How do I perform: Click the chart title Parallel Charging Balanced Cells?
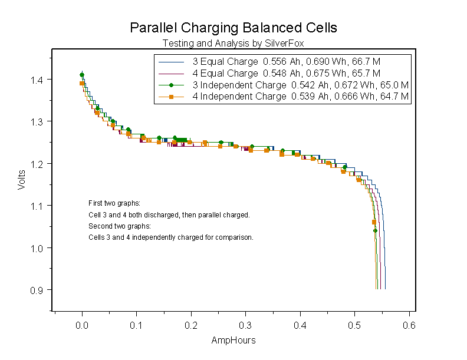233,28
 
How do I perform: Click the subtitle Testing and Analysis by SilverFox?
233,43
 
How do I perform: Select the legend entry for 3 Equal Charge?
225,61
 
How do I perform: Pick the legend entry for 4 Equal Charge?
225,73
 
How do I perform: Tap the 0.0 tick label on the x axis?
82,325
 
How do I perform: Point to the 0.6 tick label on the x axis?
409,325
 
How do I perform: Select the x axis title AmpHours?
233,341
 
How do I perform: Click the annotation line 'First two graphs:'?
114,203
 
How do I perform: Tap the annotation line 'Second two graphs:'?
120,226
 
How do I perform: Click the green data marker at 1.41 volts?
82,75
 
